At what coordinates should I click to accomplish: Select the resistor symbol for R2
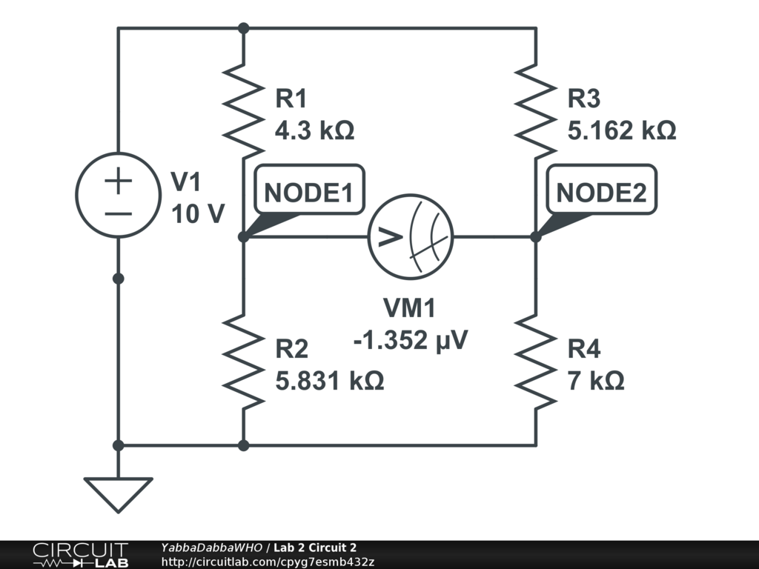coord(243,360)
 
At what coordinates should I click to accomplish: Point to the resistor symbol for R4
coord(535,360)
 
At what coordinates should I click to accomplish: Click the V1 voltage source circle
coord(118,195)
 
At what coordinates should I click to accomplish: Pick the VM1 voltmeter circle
coord(411,237)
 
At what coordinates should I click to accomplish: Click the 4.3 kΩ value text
coord(314,131)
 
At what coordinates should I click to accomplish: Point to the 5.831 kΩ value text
coord(329,381)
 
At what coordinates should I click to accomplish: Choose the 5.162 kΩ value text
coord(621,131)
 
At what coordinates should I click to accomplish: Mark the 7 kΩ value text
coord(596,381)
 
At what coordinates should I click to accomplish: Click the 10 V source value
coord(197,215)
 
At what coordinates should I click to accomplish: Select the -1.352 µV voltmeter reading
coord(411,340)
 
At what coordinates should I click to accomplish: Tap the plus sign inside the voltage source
coord(118,180)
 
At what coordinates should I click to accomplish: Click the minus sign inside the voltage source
coord(118,213)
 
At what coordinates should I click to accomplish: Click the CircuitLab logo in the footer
coord(79,555)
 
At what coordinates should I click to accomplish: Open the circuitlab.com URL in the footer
coord(267,562)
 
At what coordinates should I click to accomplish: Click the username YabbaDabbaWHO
coord(211,548)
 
